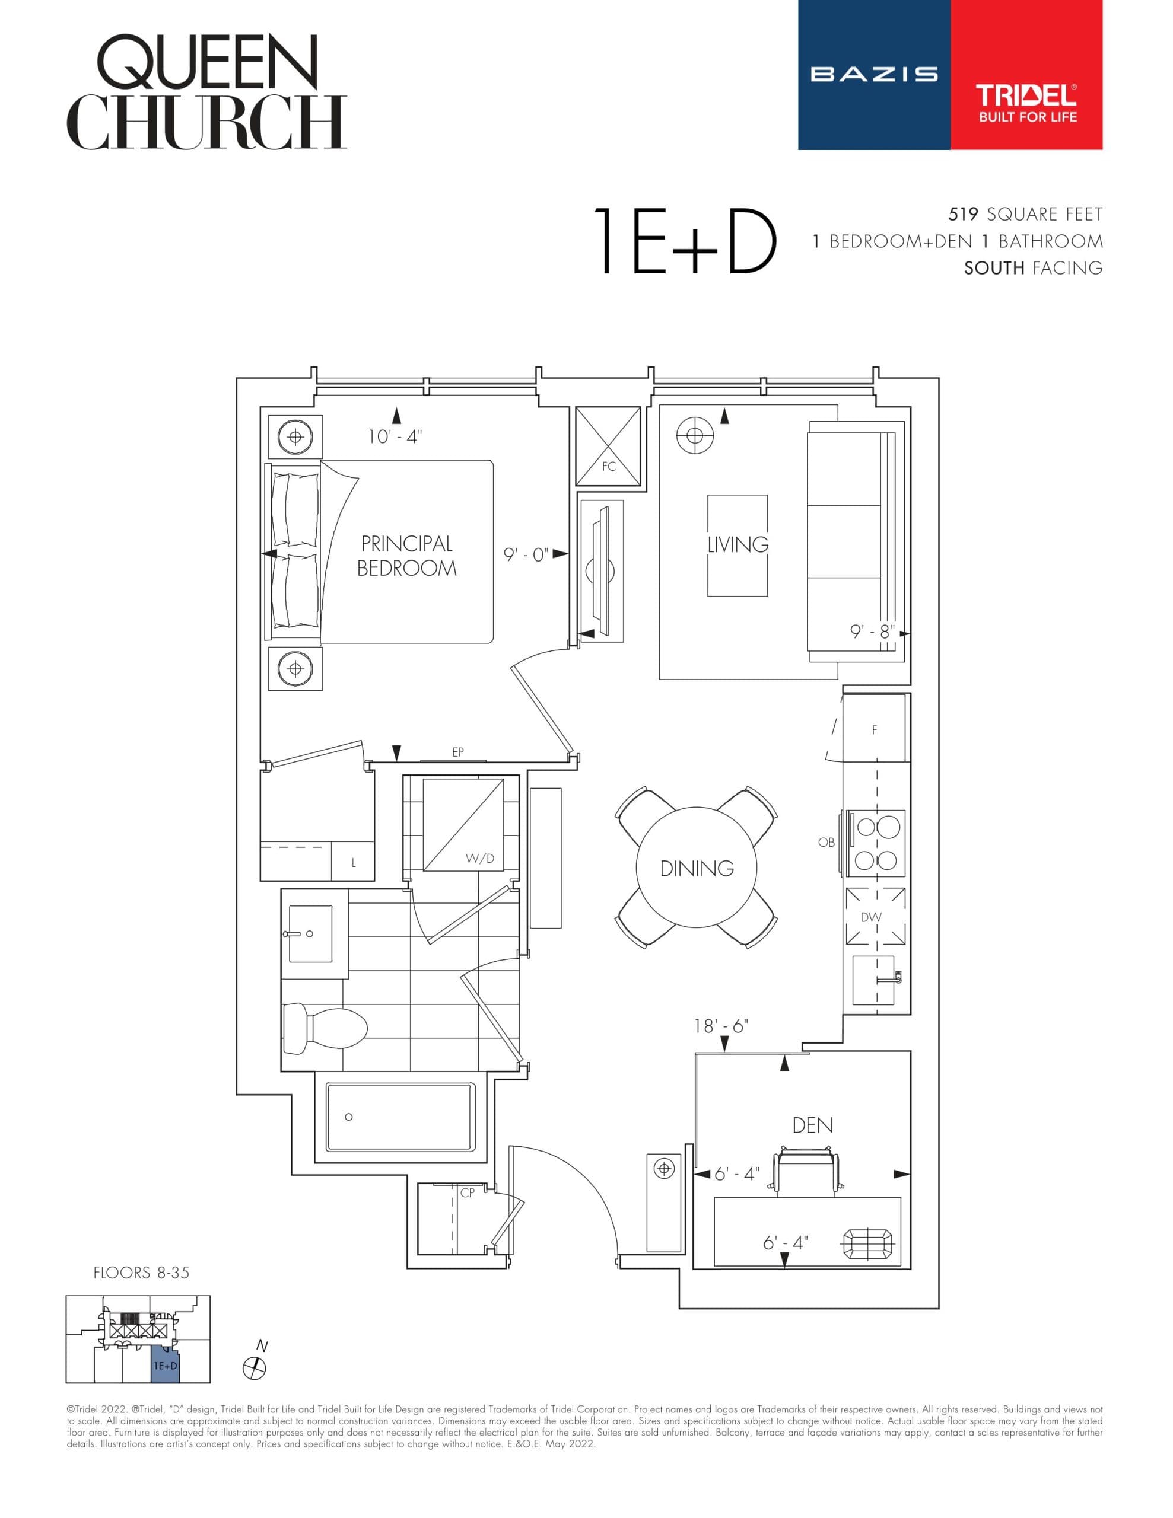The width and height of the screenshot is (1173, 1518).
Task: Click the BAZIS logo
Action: tap(873, 74)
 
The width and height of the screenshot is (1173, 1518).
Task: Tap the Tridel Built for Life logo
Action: tap(1026, 103)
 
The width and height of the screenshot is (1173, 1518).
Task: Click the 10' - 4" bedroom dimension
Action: tap(395, 436)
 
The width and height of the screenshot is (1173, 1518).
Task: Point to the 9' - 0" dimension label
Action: tap(526, 554)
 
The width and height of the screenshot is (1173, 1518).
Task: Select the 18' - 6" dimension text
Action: tap(721, 1026)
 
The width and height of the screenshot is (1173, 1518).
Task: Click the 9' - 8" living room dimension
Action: tap(872, 632)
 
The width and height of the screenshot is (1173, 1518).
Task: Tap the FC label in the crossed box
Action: tap(608, 467)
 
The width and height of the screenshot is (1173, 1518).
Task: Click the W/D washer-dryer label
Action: tap(480, 859)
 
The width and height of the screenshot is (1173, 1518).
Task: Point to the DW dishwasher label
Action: tap(870, 917)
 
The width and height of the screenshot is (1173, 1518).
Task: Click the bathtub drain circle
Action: tap(348, 1117)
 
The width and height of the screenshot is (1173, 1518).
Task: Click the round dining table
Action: tap(696, 867)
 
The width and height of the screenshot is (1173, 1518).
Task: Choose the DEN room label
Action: tap(812, 1125)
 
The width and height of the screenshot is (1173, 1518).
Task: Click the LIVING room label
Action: tap(738, 544)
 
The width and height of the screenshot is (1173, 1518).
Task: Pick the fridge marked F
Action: tap(874, 730)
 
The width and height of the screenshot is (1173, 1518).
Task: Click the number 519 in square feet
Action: tap(963, 214)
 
